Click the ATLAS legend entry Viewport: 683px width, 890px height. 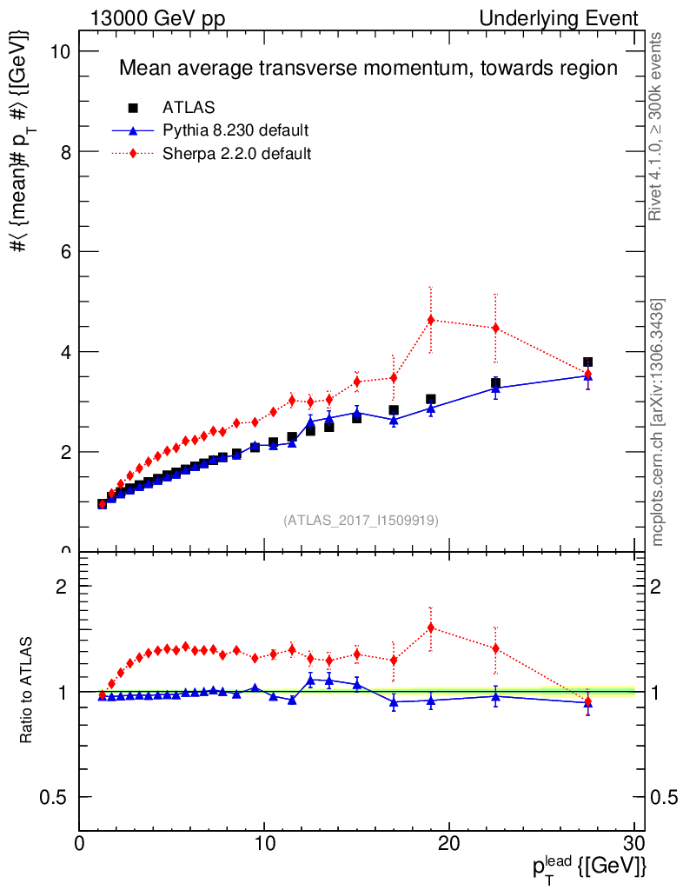(x=189, y=108)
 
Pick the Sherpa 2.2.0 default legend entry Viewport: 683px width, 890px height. (x=237, y=154)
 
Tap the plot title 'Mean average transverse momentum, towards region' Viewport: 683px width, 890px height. (x=368, y=68)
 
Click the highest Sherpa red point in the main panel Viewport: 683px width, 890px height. (x=431, y=320)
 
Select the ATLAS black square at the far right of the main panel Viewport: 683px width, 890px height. (x=588, y=362)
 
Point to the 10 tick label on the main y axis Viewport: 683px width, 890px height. (x=58, y=51)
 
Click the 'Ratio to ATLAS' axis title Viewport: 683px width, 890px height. (x=28, y=691)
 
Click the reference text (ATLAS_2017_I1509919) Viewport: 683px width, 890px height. (x=361, y=521)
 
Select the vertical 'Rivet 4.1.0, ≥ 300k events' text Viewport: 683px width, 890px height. (x=657, y=127)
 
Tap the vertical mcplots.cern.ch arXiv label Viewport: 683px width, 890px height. (x=658, y=422)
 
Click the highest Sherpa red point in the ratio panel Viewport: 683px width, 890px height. (x=431, y=628)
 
